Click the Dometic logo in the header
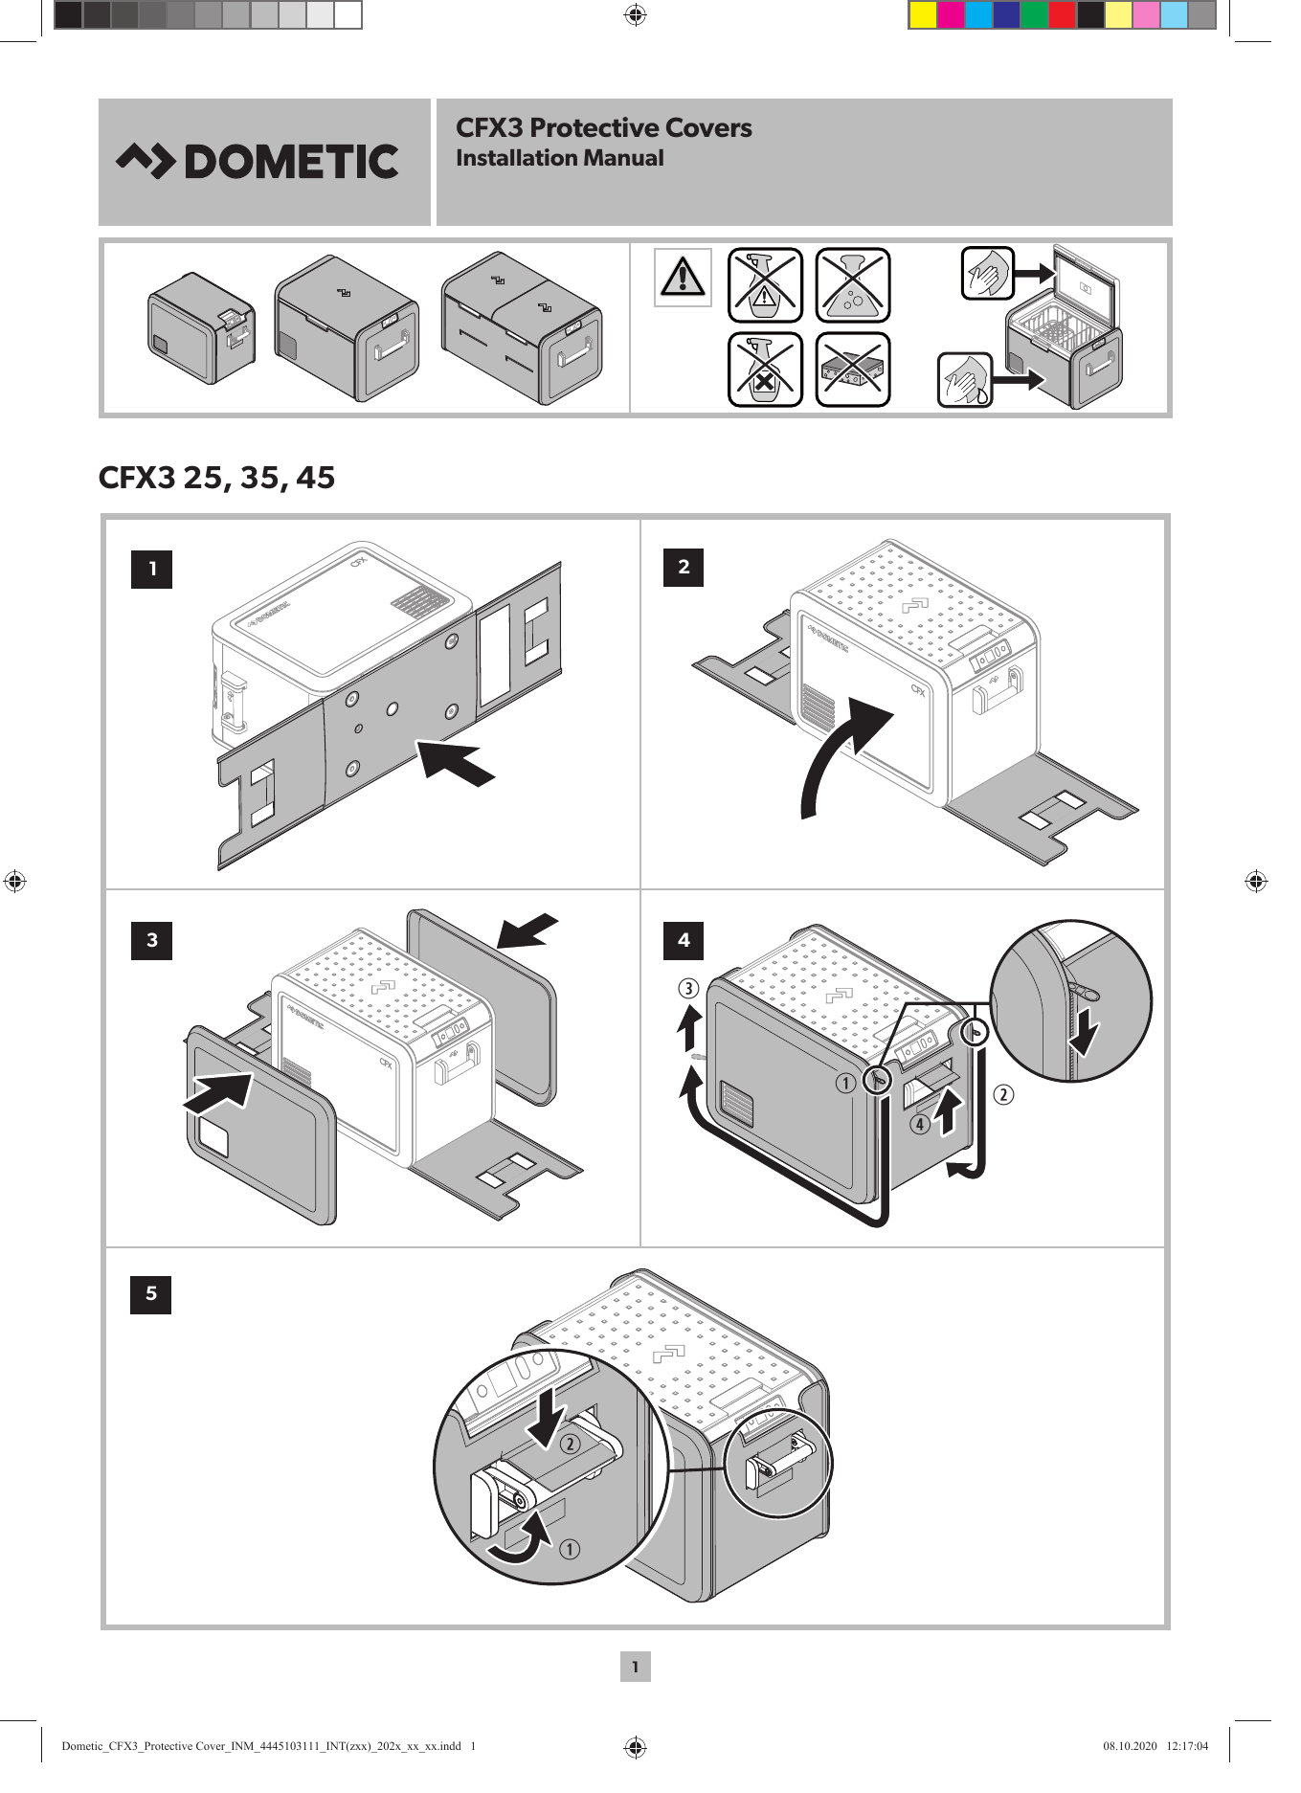[x=258, y=162]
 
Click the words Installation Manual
[x=559, y=159]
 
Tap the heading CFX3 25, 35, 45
[x=217, y=478]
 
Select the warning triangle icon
[x=682, y=277]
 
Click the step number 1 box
[x=151, y=569]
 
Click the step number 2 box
[x=684, y=567]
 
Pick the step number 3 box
[x=151, y=940]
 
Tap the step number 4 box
[x=684, y=940]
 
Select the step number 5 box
[x=151, y=1294]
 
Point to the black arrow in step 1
[x=456, y=762]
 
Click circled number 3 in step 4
[x=688, y=989]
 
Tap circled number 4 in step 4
[x=920, y=1124]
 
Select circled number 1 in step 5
[x=569, y=1549]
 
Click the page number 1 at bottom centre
[x=635, y=1667]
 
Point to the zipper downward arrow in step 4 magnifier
[x=1085, y=1034]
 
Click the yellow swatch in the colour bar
[x=923, y=15]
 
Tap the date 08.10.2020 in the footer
[x=1130, y=1746]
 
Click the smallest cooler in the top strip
[x=201, y=328]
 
